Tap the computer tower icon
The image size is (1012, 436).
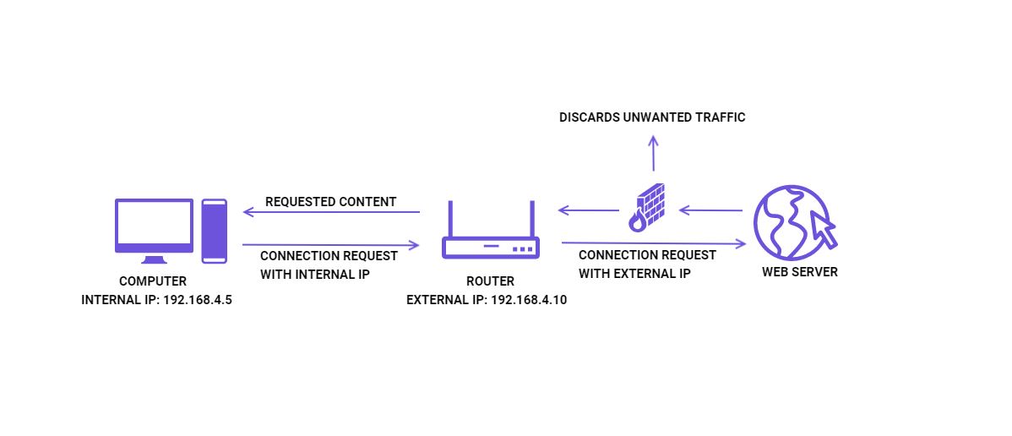tap(215, 231)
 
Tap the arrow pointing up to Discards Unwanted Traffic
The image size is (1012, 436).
tap(654, 153)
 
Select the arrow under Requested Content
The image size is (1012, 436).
tap(331, 212)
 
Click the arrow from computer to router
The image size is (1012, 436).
tap(331, 245)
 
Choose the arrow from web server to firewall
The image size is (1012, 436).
tap(710, 210)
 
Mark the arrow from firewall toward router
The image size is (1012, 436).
tap(589, 210)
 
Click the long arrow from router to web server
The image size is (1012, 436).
tap(654, 243)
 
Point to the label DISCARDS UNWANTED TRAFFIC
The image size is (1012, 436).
tap(652, 117)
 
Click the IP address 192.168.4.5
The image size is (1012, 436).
tap(197, 300)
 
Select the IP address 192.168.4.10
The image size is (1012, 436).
tap(529, 300)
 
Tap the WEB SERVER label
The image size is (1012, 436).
tap(800, 272)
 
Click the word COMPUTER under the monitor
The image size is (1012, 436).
tap(153, 281)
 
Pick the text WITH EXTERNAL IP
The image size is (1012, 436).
tap(634, 273)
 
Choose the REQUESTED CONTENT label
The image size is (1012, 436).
tap(330, 202)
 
